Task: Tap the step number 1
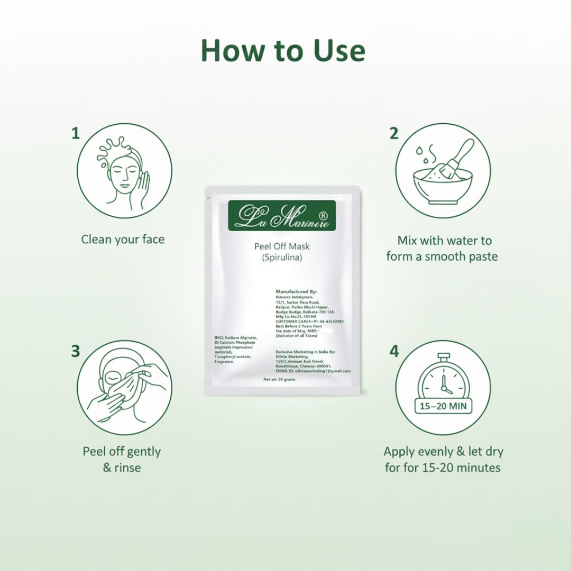click(76, 133)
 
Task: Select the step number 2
click(394, 133)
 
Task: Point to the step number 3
click(76, 351)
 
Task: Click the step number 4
click(394, 351)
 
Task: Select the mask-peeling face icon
click(125, 388)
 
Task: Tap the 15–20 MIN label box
click(443, 407)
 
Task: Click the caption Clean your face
click(123, 240)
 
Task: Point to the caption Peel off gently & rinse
click(122, 459)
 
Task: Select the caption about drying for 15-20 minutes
click(443, 459)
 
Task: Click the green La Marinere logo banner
click(282, 216)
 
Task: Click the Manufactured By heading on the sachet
click(296, 291)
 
